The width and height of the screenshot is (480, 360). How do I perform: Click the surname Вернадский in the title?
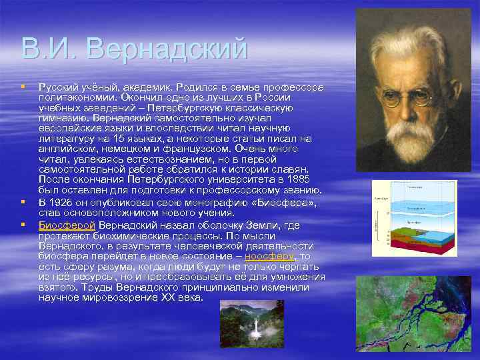167,49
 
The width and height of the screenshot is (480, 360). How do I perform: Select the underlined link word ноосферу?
269,256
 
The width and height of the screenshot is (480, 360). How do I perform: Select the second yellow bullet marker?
23,201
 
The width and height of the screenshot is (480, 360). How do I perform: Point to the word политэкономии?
75,97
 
